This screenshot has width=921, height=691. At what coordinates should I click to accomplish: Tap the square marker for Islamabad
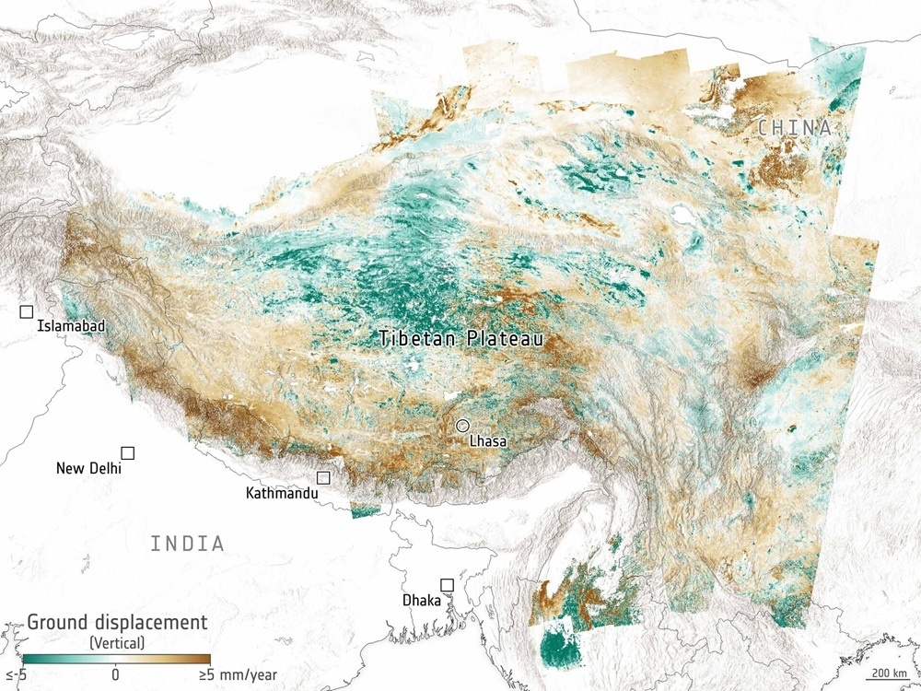click(x=27, y=312)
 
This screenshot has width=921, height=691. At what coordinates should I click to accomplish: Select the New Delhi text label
click(x=88, y=468)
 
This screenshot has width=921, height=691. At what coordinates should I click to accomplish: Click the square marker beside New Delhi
click(x=128, y=452)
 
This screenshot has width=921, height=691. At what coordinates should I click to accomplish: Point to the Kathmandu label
click(x=282, y=494)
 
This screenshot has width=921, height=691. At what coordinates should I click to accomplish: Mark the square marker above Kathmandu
click(x=323, y=477)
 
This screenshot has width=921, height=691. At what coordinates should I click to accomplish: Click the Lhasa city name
click(x=487, y=441)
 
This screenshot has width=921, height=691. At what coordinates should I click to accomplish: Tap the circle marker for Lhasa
click(x=463, y=426)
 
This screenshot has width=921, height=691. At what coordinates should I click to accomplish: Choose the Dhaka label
click(x=421, y=601)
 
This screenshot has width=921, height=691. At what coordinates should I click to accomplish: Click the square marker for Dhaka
click(x=447, y=585)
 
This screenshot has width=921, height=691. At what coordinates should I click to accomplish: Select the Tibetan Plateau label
click(x=461, y=339)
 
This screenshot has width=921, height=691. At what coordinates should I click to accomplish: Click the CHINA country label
click(x=795, y=128)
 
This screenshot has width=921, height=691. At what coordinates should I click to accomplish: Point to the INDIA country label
click(x=188, y=544)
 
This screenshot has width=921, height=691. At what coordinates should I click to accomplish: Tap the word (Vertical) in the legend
click(x=116, y=640)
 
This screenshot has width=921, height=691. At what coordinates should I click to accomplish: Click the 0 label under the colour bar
click(x=116, y=674)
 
